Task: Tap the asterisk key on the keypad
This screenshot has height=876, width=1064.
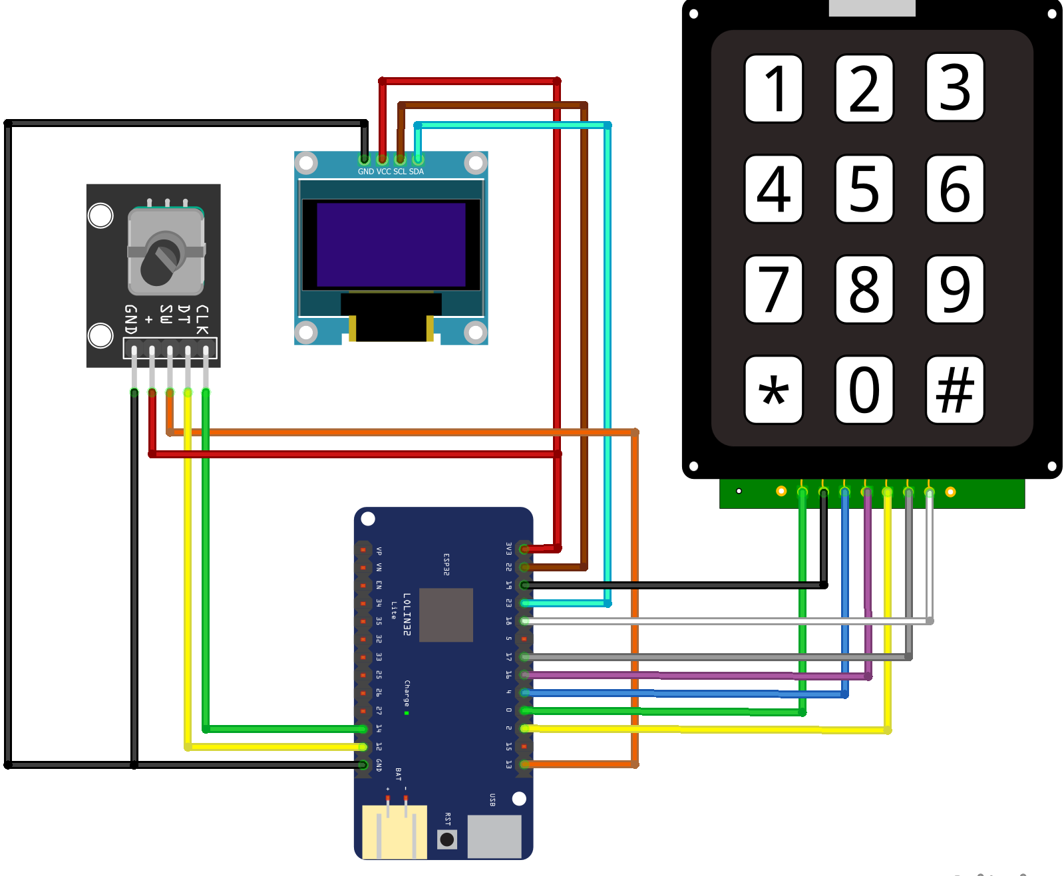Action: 773,390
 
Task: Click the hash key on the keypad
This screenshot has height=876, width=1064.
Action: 955,390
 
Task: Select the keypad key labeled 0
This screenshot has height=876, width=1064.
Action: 864,390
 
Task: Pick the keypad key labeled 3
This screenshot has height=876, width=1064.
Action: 955,88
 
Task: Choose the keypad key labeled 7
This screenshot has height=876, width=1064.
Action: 773,289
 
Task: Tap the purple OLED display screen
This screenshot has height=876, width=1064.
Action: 391,245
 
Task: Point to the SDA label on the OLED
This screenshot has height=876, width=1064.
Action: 417,172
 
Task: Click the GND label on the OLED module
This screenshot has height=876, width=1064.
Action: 366,172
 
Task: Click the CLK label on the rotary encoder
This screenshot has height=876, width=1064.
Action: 202,320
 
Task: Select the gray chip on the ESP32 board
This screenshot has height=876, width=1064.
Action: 446,615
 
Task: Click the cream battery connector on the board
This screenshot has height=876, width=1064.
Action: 394,831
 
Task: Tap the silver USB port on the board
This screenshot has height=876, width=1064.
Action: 494,836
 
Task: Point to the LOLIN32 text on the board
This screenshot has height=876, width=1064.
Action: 407,615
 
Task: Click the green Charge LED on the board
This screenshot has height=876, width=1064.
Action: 407,713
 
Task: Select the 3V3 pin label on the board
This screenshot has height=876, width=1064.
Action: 509,549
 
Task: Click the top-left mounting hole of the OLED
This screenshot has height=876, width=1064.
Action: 306,162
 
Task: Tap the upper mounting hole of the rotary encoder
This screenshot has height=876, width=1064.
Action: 100,216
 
